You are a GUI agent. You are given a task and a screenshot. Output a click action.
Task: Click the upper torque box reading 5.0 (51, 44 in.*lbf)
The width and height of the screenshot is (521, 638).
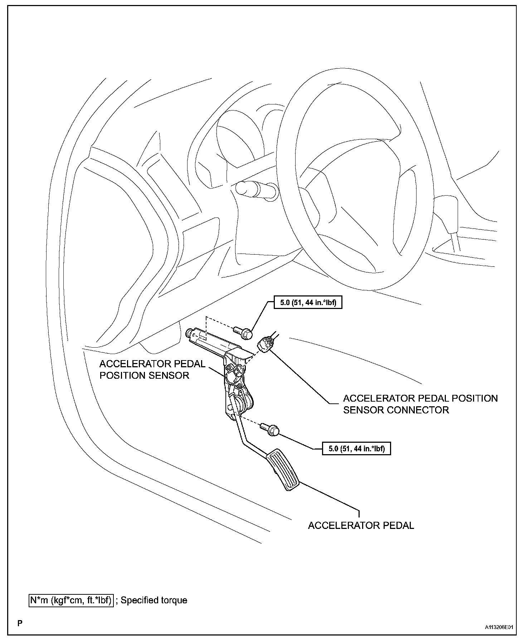307,303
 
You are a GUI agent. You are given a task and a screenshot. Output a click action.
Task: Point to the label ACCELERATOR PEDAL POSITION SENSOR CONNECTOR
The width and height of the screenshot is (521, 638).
420,404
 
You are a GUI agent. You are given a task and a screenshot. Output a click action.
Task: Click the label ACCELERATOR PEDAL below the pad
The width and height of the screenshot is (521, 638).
361,525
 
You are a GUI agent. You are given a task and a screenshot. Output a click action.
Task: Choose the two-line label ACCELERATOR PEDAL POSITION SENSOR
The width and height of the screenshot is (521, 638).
152,369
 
